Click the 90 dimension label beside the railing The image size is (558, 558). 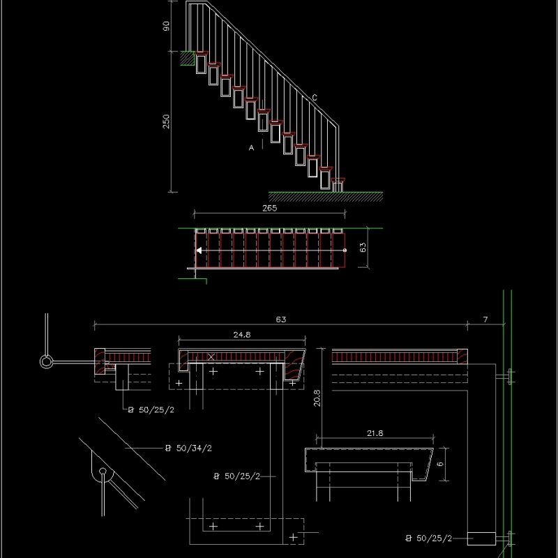coord(166,26)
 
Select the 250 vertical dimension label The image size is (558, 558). coord(166,121)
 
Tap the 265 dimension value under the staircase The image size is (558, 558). coord(269,208)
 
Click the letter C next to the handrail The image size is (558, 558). coord(315,98)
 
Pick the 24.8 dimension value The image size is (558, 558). coord(242,335)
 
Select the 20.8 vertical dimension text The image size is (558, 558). coord(317,398)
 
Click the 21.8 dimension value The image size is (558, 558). coord(375,433)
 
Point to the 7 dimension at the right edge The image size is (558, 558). coord(486,319)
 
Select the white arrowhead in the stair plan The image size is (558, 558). coord(199,250)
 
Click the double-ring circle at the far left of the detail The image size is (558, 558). coord(46,362)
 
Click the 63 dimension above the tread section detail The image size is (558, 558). coord(280,319)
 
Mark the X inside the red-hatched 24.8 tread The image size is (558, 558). coord(211,356)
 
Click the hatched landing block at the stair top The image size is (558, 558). coord(187,59)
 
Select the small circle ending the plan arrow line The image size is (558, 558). coord(345,250)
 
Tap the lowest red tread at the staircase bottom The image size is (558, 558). coord(339,181)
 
